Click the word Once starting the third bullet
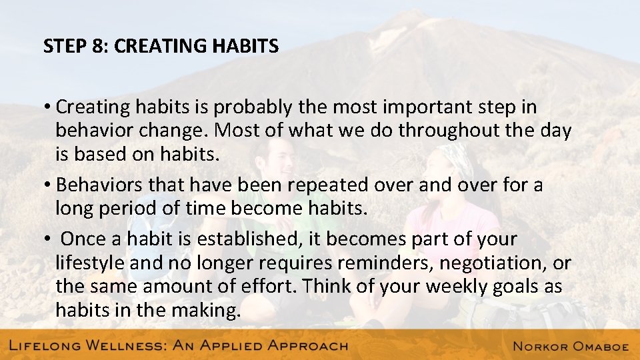pos(82,239)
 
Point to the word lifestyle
pos(90,263)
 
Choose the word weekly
pos(453,287)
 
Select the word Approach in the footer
pos(299,345)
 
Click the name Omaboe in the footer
pos(595,345)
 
